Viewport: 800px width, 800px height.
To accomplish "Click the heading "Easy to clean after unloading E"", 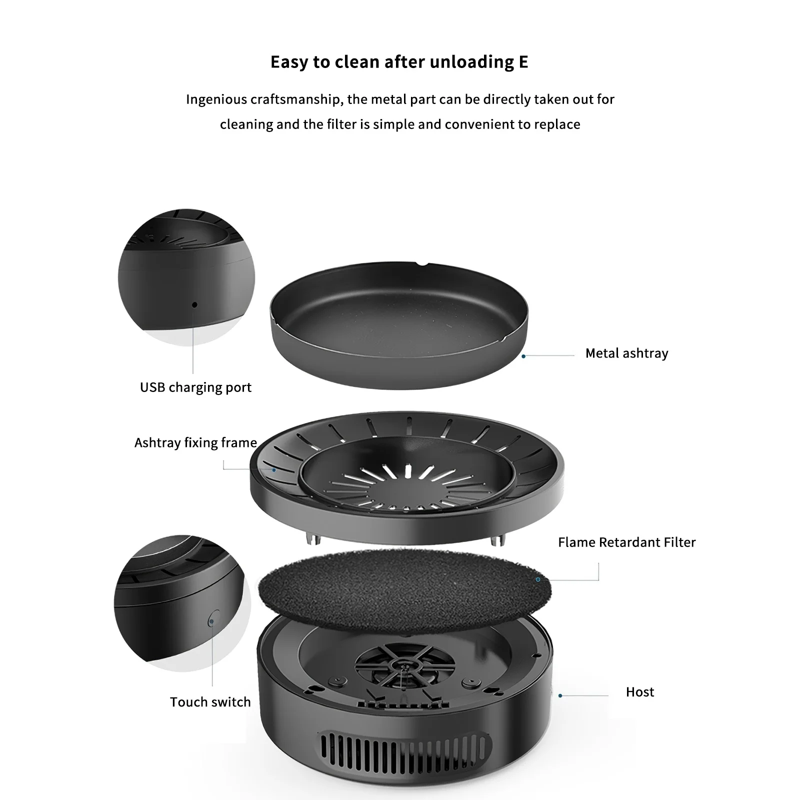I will pyautogui.click(x=399, y=62).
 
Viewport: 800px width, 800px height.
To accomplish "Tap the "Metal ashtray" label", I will pyautogui.click(x=626, y=353).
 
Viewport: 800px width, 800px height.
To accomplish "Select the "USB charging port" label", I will pyautogui.click(x=195, y=387).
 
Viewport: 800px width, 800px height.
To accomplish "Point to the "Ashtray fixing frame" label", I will pyautogui.click(x=195, y=443).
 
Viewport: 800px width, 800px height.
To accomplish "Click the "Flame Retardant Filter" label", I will pyautogui.click(x=626, y=542).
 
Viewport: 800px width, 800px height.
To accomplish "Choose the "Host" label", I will pyautogui.click(x=639, y=692).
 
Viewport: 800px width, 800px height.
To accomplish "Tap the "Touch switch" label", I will pyautogui.click(x=210, y=702).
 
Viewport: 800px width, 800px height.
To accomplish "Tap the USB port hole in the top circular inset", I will pyautogui.click(x=194, y=304).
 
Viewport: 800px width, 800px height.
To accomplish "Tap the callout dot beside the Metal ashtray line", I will pyautogui.click(x=523, y=356).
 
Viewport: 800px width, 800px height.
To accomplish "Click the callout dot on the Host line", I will pyautogui.click(x=560, y=695).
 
